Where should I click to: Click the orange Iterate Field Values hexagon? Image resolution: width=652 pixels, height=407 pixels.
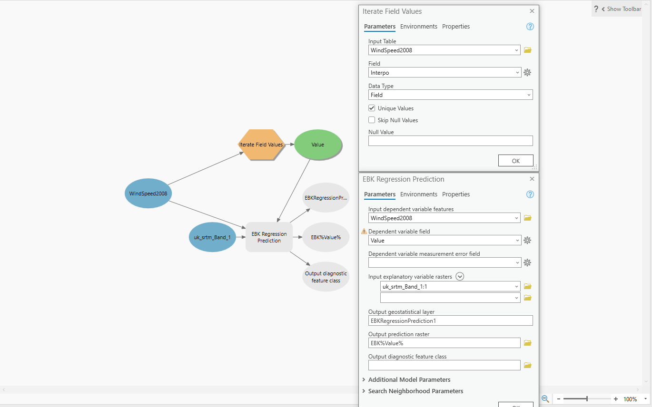tap(261, 145)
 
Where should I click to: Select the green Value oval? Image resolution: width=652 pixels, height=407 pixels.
tap(317, 145)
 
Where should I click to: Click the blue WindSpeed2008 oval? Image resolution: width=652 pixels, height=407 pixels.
tap(148, 194)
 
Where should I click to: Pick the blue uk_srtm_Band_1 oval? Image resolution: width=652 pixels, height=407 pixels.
tap(212, 237)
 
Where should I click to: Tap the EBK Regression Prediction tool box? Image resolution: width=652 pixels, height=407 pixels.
tap(269, 237)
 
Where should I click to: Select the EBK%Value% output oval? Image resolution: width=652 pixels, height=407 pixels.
tap(326, 237)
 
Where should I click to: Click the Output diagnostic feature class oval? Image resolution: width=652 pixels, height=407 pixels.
tap(326, 277)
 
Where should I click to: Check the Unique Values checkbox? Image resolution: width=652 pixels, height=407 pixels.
tap(372, 108)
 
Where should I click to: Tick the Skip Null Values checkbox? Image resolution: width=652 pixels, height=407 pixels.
tap(372, 120)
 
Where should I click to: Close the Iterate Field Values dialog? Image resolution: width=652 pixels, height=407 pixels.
tap(532, 11)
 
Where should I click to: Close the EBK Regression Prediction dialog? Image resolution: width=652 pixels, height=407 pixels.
tap(532, 179)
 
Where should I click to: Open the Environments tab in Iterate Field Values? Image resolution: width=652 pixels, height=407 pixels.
tap(418, 27)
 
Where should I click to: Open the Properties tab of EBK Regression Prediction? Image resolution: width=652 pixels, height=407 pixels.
tap(456, 194)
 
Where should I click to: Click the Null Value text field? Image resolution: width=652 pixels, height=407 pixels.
tap(451, 141)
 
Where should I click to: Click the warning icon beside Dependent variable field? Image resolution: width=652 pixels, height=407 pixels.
tap(364, 232)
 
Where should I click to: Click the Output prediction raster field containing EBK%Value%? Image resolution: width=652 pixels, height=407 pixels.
tap(444, 343)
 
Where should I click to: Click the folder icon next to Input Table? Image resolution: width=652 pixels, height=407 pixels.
tap(528, 50)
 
